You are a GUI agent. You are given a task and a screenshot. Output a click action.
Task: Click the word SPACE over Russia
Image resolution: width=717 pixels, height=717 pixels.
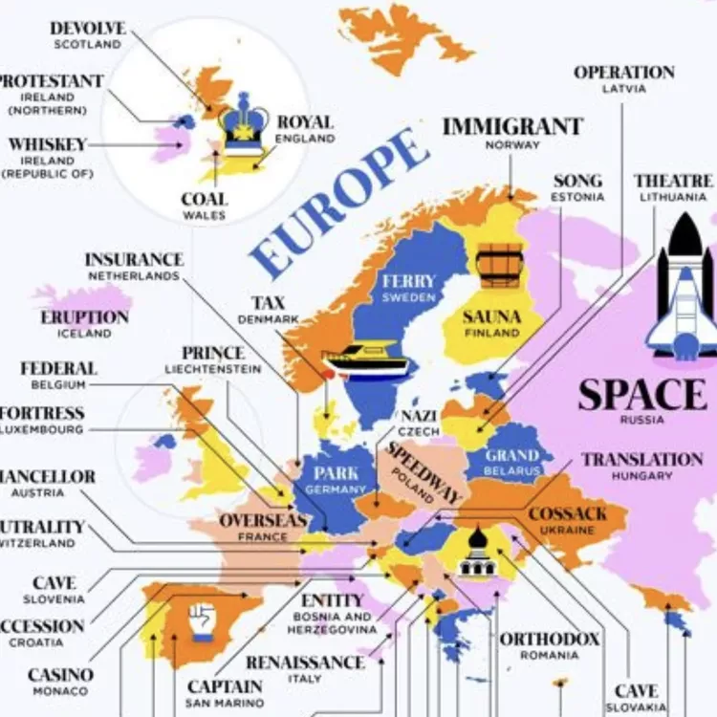click(641, 395)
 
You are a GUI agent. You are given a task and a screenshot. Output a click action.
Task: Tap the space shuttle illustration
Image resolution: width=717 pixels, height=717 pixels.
click(682, 286)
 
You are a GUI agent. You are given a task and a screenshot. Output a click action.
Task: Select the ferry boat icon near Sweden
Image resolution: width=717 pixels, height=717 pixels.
click(366, 359)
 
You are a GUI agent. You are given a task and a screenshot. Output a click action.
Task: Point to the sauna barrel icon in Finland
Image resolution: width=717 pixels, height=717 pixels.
click(501, 265)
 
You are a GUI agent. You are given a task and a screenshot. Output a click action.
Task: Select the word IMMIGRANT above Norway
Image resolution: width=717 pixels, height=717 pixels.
click(511, 126)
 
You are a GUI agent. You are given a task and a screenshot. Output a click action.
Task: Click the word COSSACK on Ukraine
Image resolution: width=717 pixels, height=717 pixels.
click(568, 514)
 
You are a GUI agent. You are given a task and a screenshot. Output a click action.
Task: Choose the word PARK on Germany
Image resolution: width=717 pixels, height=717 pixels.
click(336, 472)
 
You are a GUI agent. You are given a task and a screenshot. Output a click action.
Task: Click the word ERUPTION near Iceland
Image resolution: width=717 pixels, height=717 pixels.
click(84, 317)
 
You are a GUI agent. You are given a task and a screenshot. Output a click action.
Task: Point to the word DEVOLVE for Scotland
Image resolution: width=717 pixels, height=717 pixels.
click(88, 29)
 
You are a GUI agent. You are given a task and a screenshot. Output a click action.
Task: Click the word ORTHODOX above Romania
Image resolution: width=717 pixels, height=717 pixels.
click(549, 639)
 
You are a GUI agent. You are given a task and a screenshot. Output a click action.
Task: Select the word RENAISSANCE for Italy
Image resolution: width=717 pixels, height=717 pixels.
click(305, 663)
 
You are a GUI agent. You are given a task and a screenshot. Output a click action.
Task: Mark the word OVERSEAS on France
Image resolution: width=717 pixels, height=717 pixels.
click(263, 521)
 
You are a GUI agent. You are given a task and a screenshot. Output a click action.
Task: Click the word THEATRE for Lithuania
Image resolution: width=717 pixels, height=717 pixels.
click(672, 181)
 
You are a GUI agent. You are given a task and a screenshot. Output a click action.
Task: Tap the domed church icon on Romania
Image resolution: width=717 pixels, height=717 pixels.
click(475, 554)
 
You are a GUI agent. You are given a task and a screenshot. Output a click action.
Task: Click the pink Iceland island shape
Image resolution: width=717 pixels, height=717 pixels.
click(84, 295)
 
